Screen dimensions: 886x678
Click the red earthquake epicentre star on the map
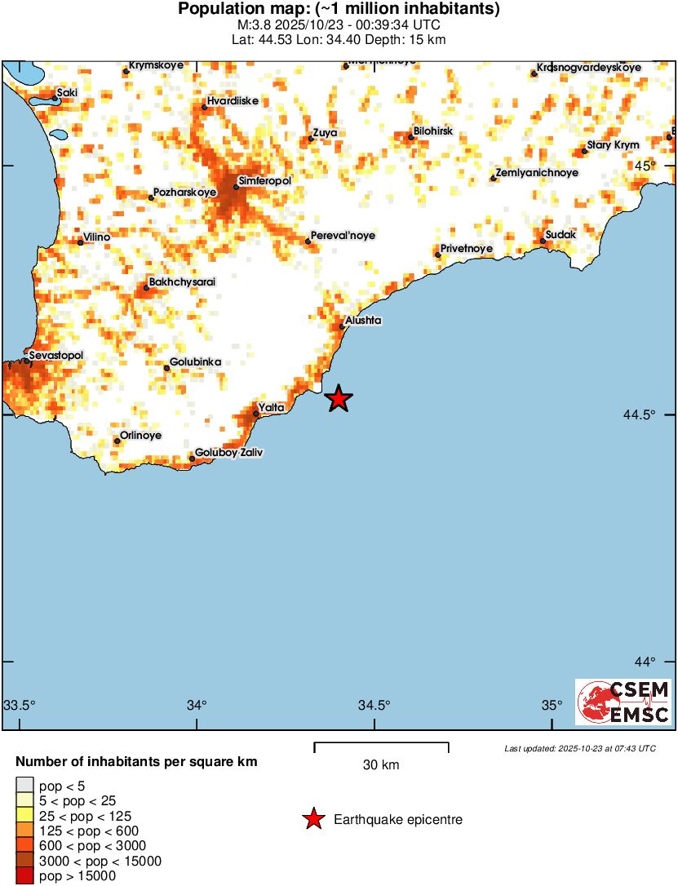pyautogui.click(x=339, y=398)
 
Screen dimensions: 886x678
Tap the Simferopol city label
pyautogui.click(x=264, y=179)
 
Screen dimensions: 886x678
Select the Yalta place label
pyautogui.click(x=271, y=406)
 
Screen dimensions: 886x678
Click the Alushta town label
pyautogui.click(x=363, y=321)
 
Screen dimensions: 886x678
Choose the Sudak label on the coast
pyautogui.click(x=561, y=234)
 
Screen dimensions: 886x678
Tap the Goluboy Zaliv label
pyautogui.click(x=229, y=452)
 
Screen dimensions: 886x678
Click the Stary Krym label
pyautogui.click(x=613, y=145)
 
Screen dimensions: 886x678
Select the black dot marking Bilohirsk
pyautogui.click(x=411, y=137)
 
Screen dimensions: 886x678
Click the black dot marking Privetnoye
pyautogui.click(x=438, y=255)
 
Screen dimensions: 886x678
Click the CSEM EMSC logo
pyautogui.click(x=623, y=702)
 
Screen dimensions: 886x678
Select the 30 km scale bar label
pyautogui.click(x=381, y=765)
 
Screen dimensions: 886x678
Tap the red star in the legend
pyautogui.click(x=313, y=819)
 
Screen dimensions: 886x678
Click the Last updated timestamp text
pyautogui.click(x=579, y=748)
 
